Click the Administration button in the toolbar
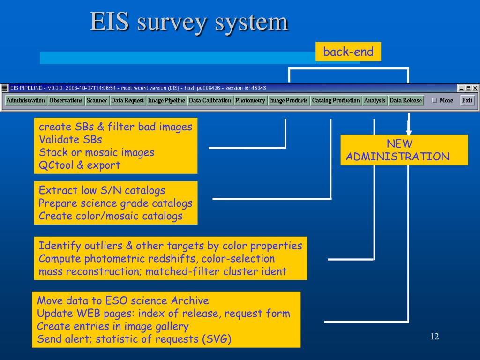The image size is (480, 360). click(x=26, y=100)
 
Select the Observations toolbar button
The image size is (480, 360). click(x=66, y=100)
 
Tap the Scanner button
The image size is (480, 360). click(x=97, y=100)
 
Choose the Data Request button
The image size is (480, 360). click(x=127, y=100)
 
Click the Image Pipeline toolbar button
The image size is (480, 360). click(x=166, y=100)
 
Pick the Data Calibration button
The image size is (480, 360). click(x=210, y=100)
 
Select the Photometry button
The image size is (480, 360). click(x=250, y=100)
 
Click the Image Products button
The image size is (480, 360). click(x=289, y=100)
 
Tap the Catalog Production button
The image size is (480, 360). click(x=336, y=100)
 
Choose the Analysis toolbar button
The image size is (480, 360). click(x=375, y=100)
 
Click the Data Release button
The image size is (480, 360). click(x=406, y=100)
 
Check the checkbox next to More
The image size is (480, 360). click(x=434, y=100)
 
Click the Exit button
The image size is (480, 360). click(x=467, y=100)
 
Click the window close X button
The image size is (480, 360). click(x=475, y=88)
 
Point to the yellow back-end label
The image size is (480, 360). click(x=348, y=52)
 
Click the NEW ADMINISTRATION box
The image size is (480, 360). click(x=404, y=150)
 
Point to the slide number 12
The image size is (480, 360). click(x=434, y=337)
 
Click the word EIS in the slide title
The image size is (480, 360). click(x=109, y=22)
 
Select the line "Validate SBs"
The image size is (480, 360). click(x=70, y=139)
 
